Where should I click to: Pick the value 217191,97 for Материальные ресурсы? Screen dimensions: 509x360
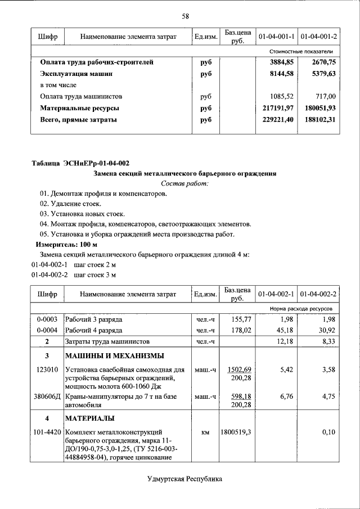tap(276, 107)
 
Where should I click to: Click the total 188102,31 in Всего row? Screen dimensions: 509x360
tap(319, 119)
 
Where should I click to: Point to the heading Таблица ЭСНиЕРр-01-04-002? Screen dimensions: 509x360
tap(80, 164)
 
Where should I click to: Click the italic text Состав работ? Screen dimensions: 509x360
tap(184, 183)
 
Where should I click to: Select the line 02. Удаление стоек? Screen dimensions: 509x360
tap(70, 204)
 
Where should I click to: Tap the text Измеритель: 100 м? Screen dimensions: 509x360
tap(66, 245)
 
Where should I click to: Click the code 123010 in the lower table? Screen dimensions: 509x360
tap(47, 370)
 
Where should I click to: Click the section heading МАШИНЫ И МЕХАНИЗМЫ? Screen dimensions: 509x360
tap(114, 355)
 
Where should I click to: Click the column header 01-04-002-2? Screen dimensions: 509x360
tap(318, 294)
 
